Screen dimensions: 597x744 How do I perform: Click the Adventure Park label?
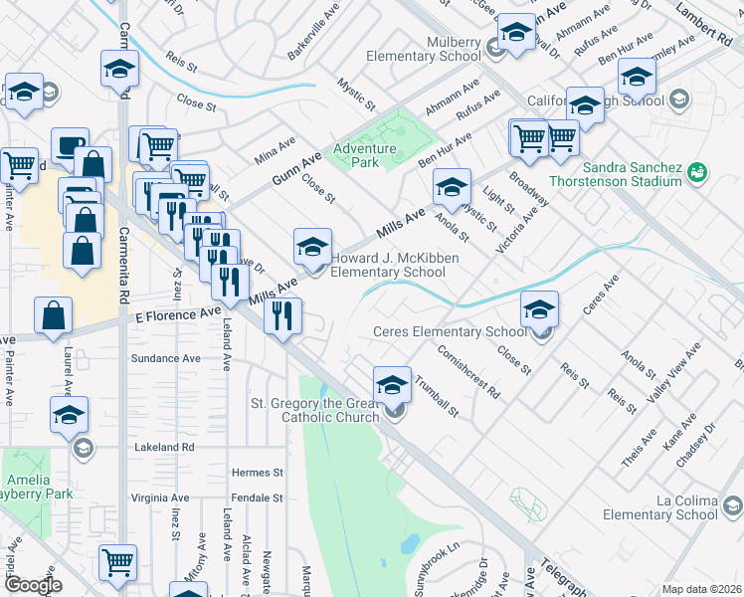(364, 156)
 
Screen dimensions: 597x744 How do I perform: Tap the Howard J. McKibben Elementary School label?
(388, 265)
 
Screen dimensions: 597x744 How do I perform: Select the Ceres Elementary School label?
(449, 331)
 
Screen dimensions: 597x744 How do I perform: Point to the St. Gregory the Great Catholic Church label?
(313, 410)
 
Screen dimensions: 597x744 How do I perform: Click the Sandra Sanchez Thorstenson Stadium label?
(633, 175)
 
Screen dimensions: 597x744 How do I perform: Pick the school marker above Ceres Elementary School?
(539, 308)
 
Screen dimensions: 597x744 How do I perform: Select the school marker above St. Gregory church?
(393, 383)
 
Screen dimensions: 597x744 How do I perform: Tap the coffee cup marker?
(69, 145)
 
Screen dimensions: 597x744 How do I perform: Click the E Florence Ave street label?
(178, 313)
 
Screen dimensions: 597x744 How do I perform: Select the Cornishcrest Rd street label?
(467, 370)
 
